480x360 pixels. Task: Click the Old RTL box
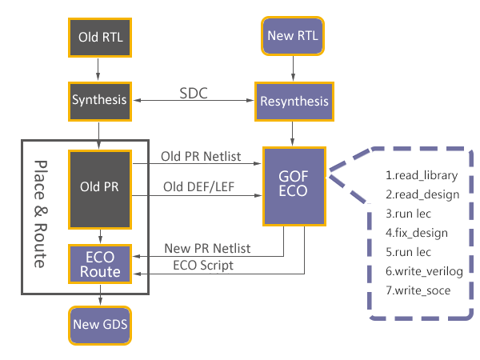tap(98, 37)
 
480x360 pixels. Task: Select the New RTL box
tap(294, 37)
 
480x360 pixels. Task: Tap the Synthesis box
tap(98, 101)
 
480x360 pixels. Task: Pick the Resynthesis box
tap(293, 102)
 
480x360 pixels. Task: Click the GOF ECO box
tap(294, 186)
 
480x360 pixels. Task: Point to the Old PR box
tap(98, 187)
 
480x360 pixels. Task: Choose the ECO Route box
tap(98, 264)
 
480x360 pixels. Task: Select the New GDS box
tap(98, 325)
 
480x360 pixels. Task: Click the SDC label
tap(193, 94)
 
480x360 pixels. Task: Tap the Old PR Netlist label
tap(200, 156)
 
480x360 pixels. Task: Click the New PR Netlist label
tap(207, 249)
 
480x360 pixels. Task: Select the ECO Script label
tap(203, 266)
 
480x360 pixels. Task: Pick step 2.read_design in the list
tap(422, 194)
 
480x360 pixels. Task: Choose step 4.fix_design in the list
tap(416, 233)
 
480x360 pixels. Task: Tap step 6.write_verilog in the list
tap(424, 271)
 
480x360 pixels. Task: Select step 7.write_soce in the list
tap(418, 290)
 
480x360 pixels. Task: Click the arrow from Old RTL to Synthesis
tap(98, 69)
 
